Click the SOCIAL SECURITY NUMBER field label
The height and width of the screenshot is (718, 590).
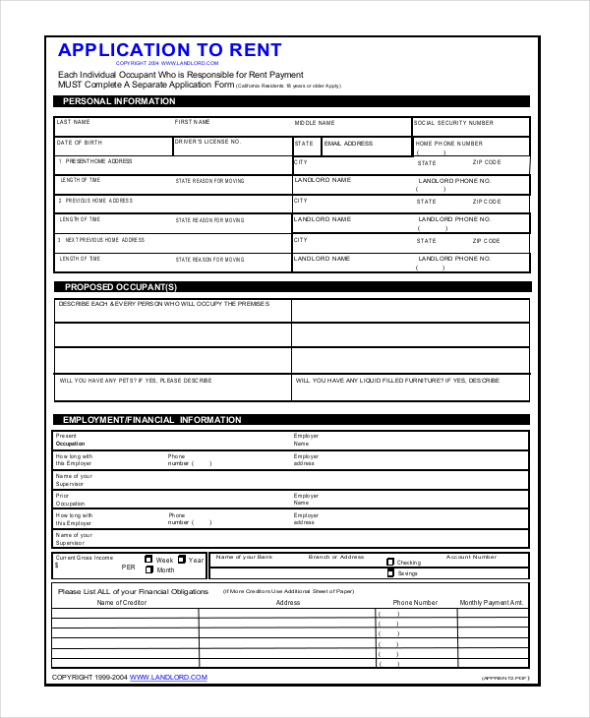[x=453, y=123]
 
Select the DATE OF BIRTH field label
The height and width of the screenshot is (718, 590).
[x=80, y=142]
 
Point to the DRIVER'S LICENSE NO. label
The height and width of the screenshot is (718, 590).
[x=207, y=142]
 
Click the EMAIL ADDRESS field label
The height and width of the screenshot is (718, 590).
[x=348, y=144]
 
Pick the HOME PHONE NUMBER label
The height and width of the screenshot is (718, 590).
[x=448, y=144]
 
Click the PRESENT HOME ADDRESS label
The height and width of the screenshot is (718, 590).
[x=98, y=161]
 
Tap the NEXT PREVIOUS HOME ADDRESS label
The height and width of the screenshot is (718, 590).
[x=104, y=240]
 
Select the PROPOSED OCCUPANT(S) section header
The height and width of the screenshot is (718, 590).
[x=121, y=287]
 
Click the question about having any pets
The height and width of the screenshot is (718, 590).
[x=136, y=380]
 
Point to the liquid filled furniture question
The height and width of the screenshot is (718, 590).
[x=397, y=380]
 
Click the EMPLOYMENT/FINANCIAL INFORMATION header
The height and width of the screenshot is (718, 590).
[x=152, y=420]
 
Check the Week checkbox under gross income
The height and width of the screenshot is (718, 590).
[x=149, y=559]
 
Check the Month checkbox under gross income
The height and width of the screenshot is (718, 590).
[x=149, y=569]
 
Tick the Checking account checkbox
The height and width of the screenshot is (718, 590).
[x=390, y=562]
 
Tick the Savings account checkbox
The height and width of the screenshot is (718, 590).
[x=390, y=572]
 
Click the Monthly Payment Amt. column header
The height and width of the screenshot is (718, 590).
[x=492, y=602]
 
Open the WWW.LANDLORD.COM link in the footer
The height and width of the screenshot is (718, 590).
[x=168, y=677]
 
